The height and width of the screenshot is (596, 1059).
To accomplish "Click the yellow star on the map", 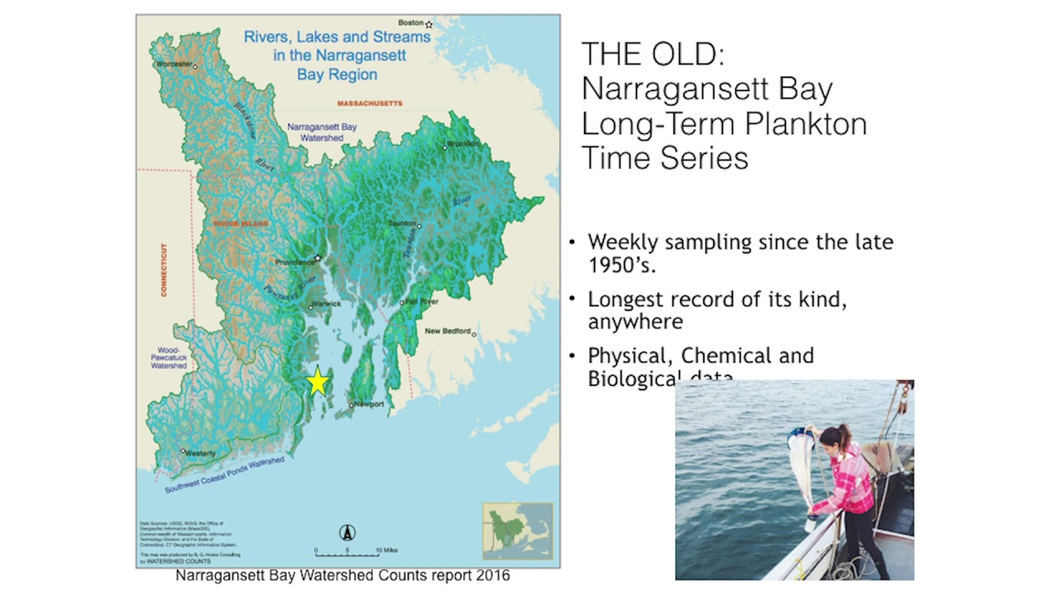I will [318, 382].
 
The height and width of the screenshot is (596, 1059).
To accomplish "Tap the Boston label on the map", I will [411, 23].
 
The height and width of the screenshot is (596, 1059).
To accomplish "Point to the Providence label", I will [295, 262].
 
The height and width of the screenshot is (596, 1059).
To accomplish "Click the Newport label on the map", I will [369, 404].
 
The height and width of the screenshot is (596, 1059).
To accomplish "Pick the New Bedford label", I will [447, 331].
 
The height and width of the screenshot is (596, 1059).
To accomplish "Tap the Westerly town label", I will [200, 453].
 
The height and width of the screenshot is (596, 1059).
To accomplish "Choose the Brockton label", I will [463, 143].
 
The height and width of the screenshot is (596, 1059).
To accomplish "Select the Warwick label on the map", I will [327, 304].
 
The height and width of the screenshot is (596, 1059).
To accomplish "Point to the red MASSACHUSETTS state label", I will [370, 103].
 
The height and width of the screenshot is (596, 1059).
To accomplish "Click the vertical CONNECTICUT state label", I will [164, 270].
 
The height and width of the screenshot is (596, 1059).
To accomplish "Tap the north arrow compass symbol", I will [347, 533].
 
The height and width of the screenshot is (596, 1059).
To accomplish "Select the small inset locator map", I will [517, 531].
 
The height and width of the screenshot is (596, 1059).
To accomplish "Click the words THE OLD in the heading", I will [653, 54].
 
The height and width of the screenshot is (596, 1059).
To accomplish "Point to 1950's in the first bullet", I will [621, 265].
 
